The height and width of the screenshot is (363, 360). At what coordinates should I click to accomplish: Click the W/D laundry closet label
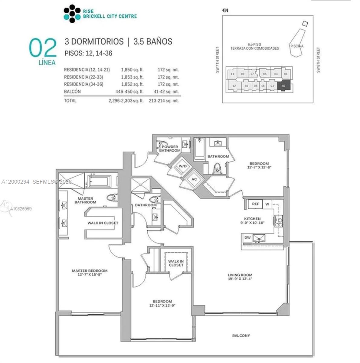coord(182,166)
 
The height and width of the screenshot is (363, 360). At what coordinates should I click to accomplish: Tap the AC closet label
coord(194,179)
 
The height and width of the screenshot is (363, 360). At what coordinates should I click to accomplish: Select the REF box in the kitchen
coord(255,204)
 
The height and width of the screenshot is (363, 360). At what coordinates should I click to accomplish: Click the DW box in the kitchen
coord(247,238)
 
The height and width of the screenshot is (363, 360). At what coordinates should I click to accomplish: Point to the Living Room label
coord(240,277)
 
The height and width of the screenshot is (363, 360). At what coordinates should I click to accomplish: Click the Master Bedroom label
coord(90,273)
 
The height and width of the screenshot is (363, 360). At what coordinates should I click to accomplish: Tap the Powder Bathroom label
coord(170,149)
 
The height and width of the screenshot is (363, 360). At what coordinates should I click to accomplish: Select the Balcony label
coord(241,335)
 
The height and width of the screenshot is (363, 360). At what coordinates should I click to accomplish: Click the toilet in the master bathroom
coord(112,198)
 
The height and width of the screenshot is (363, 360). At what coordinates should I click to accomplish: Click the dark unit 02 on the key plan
coord(284,86)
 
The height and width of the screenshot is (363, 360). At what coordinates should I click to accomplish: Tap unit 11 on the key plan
coord(232,74)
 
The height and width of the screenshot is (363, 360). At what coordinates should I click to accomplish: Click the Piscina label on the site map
coord(296,46)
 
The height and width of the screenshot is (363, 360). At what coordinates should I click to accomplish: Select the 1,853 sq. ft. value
coord(132,77)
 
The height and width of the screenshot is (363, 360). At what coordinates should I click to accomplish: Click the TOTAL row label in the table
coord(70,101)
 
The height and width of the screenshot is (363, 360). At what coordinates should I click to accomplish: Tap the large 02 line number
coord(43,48)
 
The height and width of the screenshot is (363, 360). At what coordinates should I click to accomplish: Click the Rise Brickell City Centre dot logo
coord(72,14)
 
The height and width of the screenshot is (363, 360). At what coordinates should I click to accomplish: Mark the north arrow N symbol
coord(225,10)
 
